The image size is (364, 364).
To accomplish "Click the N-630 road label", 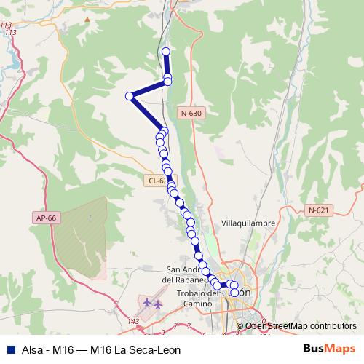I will (x=191, y=113).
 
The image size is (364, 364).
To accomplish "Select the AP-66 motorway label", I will (x=45, y=217).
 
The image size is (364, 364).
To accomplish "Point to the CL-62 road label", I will (x=156, y=181).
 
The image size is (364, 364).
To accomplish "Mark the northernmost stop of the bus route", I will (x=166, y=51).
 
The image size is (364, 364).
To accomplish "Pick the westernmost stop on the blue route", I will (x=130, y=96).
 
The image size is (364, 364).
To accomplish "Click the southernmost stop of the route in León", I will (x=234, y=293).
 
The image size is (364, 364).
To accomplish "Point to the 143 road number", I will (x=132, y=320).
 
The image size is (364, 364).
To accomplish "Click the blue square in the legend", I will (x=10, y=349).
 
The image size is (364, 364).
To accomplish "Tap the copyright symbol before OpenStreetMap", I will (x=241, y=326).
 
